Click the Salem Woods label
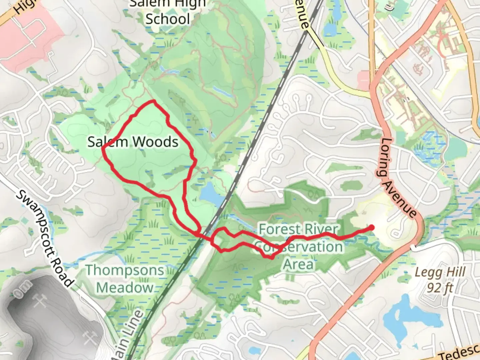pyautogui.click(x=133, y=142)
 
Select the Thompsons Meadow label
pyautogui.click(x=125, y=279)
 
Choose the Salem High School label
pyautogui.click(x=168, y=12)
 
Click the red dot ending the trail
pyautogui.click(x=371, y=228)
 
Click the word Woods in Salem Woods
pyautogui.click(x=156, y=142)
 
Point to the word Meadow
pyautogui.click(x=125, y=287)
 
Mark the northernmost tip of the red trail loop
pyautogui.click(x=153, y=101)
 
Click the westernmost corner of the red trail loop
pyautogui.click(x=103, y=147)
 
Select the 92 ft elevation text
pyautogui.click(x=440, y=287)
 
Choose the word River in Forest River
pyautogui.click(x=321, y=230)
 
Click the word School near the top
pyautogui.click(x=168, y=19)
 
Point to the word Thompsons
pyautogui.click(x=125, y=270)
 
